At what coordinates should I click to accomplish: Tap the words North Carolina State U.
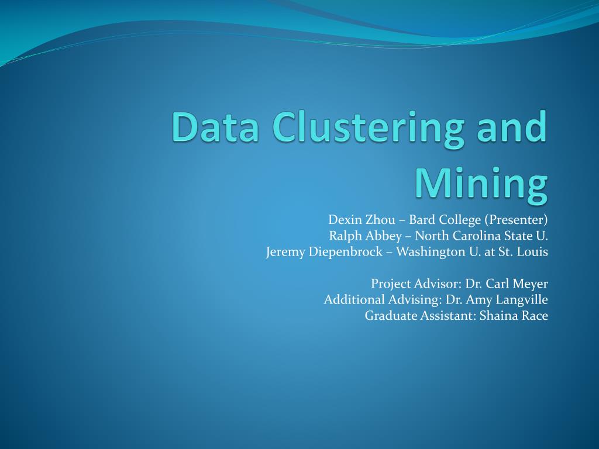click(481, 236)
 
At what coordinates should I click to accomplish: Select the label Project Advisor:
click(416, 284)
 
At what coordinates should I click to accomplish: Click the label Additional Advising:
click(383, 300)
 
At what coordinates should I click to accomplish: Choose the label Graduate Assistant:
click(420, 316)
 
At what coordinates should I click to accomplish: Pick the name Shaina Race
click(514, 316)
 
